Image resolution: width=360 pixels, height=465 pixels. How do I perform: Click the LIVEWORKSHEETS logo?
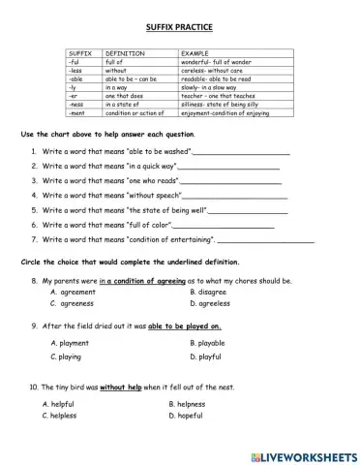coord(301,454)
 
